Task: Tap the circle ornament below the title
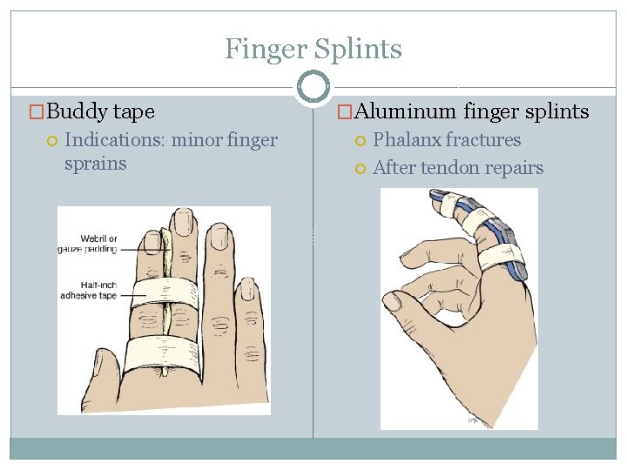[313, 87]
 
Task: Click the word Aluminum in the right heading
[405, 111]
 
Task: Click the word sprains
[95, 164]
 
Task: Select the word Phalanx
[407, 140]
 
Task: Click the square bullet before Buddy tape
[37, 112]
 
